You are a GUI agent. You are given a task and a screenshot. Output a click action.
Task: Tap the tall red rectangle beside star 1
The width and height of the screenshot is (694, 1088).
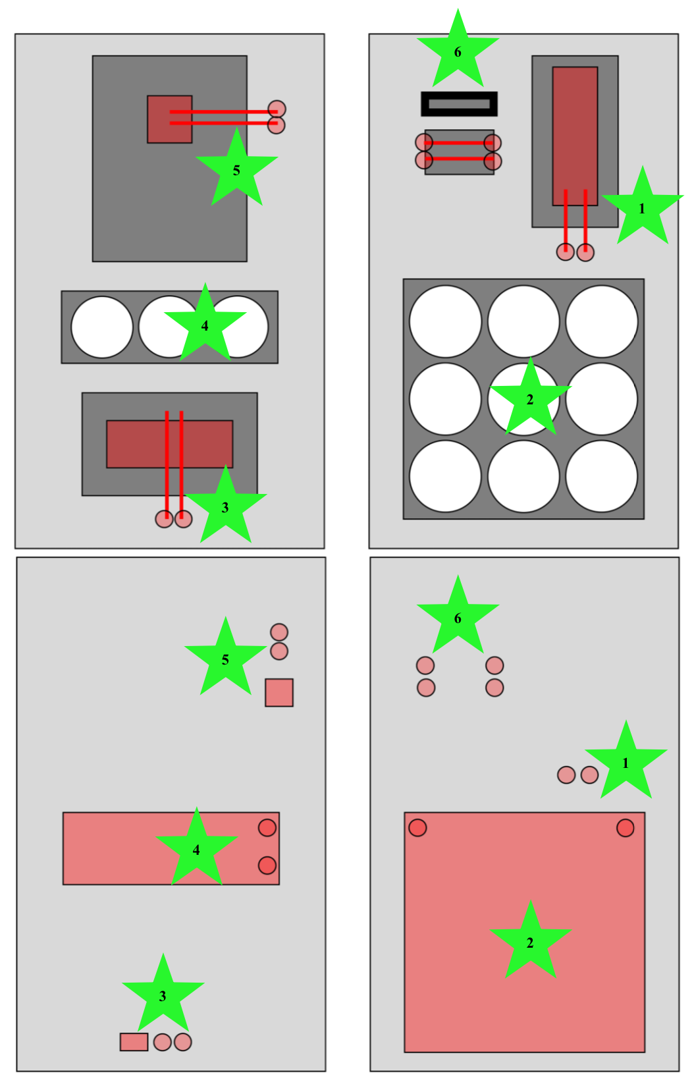pyautogui.click(x=575, y=136)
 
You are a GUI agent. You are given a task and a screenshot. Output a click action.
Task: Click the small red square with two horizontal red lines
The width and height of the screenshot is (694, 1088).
pyautogui.click(x=169, y=119)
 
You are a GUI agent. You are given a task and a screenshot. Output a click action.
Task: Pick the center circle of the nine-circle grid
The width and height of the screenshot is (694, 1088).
pyautogui.click(x=523, y=398)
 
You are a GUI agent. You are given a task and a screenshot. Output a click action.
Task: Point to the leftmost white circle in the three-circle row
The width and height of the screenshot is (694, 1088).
pyautogui.click(x=102, y=327)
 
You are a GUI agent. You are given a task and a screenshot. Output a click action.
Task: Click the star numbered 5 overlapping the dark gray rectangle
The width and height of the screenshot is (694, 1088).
pyautogui.click(x=236, y=168)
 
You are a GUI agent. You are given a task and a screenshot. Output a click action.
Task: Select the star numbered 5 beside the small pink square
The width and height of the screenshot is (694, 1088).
pyautogui.click(x=225, y=657)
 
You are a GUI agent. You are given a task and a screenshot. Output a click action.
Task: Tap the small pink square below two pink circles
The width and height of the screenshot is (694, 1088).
pyautogui.click(x=279, y=692)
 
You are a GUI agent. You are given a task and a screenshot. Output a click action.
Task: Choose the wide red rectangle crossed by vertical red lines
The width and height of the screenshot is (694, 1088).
pyautogui.click(x=169, y=444)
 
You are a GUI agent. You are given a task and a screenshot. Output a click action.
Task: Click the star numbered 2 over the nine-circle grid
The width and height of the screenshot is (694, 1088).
pyautogui.click(x=530, y=398)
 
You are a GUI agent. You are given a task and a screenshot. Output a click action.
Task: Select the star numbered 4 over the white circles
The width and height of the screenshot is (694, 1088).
pyautogui.click(x=205, y=323)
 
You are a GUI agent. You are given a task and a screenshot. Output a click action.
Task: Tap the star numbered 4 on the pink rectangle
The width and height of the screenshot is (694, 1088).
pyautogui.click(x=197, y=848)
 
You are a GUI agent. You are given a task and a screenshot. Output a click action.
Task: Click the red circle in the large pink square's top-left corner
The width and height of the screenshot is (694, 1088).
pyautogui.click(x=417, y=828)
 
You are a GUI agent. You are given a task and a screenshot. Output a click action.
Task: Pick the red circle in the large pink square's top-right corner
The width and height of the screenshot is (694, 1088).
pyautogui.click(x=625, y=828)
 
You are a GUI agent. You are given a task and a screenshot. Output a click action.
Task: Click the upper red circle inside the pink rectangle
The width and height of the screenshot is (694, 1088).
pyautogui.click(x=267, y=828)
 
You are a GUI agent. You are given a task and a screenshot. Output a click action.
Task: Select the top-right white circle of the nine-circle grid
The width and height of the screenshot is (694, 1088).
pyautogui.click(x=602, y=321)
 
